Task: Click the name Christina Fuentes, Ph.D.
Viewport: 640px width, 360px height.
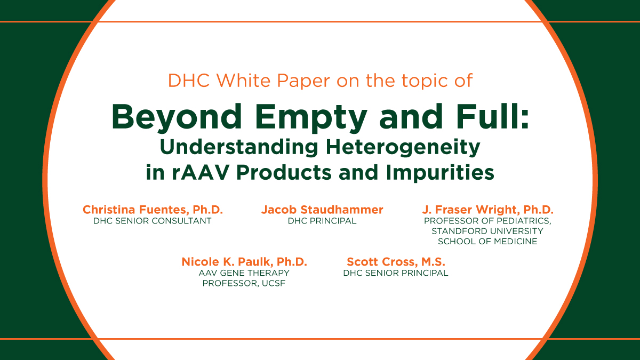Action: [x=153, y=210]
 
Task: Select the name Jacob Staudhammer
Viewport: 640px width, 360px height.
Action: [x=322, y=210]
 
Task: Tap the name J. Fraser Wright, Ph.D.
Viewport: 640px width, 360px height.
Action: [x=487, y=210]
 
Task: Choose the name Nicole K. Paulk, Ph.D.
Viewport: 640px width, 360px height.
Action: [x=244, y=262]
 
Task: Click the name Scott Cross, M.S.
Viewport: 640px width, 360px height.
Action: [x=396, y=262]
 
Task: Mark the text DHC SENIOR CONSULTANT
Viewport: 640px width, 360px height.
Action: [x=153, y=221]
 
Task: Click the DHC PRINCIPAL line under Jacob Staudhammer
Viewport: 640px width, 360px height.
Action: [x=322, y=221]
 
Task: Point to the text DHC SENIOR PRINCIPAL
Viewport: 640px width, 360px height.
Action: [x=396, y=273]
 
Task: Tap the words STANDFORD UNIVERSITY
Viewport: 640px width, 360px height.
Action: [x=487, y=231]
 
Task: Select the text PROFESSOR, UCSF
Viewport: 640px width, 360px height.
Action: [x=244, y=283]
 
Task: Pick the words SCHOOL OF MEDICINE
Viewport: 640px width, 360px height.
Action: [x=487, y=241]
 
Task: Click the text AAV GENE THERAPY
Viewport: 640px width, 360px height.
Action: [x=244, y=273]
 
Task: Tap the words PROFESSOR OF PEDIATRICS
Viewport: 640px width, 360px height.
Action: [x=487, y=221]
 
